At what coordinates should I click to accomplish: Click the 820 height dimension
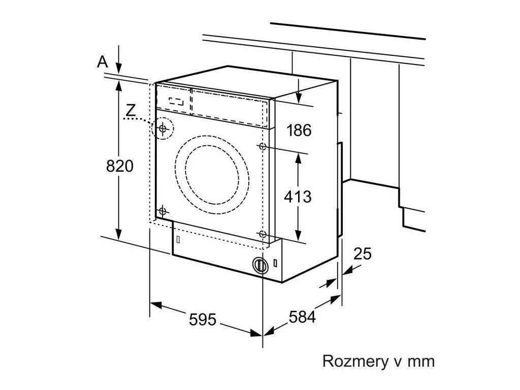tap(120, 166)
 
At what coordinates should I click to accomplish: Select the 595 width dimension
tap(202, 319)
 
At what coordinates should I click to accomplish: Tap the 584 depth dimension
tap(302, 317)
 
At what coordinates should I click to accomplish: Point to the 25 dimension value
tap(362, 254)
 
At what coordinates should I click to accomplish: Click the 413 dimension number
tap(298, 197)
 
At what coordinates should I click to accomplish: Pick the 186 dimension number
tap(299, 131)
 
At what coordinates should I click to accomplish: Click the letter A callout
tap(103, 61)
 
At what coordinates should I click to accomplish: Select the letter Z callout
tap(132, 110)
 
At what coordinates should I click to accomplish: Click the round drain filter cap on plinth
tap(260, 265)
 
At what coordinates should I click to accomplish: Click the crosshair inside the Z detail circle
tap(162, 128)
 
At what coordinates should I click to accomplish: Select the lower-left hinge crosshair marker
tap(162, 210)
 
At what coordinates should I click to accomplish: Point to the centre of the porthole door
tap(212, 175)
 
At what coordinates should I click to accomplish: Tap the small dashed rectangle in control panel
tap(176, 101)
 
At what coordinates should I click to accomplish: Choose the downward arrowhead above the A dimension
tap(119, 69)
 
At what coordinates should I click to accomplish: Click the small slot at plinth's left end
tap(178, 239)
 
